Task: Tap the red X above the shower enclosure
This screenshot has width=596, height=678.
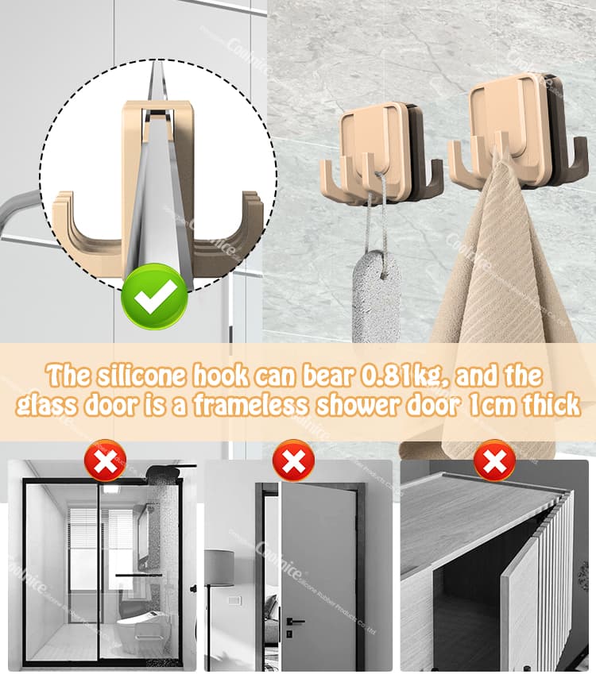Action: (105, 460)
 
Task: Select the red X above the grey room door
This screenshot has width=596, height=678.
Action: (293, 460)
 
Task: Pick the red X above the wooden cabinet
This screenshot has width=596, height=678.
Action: (494, 460)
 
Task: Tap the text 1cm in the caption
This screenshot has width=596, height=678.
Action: (491, 405)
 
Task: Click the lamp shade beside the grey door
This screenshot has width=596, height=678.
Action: (219, 568)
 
